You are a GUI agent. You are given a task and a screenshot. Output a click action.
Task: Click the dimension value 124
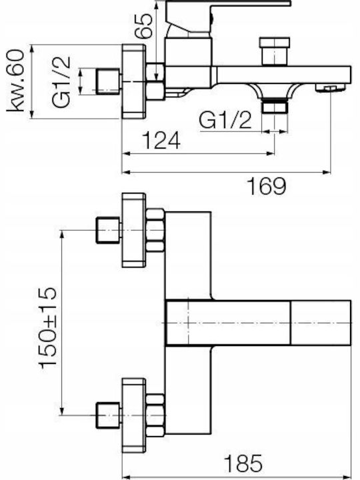pyautogui.click(x=161, y=141)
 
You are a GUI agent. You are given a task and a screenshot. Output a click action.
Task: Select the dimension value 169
pyautogui.click(x=267, y=186)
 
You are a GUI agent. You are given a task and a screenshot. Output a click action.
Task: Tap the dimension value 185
pyautogui.click(x=244, y=463)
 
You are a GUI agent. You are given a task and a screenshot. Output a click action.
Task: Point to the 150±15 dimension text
pyautogui.click(x=47, y=327)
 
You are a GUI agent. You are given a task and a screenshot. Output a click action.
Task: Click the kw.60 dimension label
pyautogui.click(x=15, y=81)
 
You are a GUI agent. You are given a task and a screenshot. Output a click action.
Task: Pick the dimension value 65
pyautogui.click(x=144, y=26)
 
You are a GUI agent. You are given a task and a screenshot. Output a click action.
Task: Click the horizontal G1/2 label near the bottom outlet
pyautogui.click(x=225, y=120)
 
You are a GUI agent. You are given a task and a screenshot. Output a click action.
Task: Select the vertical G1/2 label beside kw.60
pyautogui.click(x=61, y=82)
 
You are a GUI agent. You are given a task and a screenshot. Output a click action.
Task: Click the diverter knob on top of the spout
pyautogui.click(x=274, y=51)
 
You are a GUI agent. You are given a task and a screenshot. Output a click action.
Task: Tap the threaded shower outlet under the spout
pyautogui.click(x=275, y=107)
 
